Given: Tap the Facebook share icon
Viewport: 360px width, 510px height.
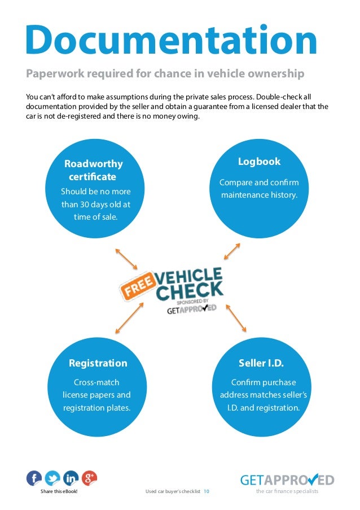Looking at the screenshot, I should pyautogui.click(x=34, y=478).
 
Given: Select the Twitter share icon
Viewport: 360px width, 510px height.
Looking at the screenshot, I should pyautogui.click(x=52, y=478).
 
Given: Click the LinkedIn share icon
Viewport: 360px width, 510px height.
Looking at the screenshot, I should pyautogui.click(x=71, y=478).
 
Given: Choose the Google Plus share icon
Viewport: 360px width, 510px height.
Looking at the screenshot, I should pyautogui.click(x=89, y=478).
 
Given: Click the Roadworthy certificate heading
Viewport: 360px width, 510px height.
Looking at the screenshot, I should pyautogui.click(x=93, y=170).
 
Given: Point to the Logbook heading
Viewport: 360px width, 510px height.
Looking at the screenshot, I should pyautogui.click(x=259, y=162).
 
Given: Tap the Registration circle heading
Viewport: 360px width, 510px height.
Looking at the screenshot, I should pyautogui.click(x=98, y=363).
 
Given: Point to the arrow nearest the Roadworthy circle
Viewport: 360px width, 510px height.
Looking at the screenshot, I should pyautogui.click(x=126, y=258).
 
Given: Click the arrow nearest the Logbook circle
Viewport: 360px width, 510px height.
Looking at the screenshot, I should pyautogui.click(x=229, y=251).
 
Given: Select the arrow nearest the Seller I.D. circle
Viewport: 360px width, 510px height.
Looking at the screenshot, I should pyautogui.click(x=236, y=317).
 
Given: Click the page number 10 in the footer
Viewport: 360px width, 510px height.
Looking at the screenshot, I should pyautogui.click(x=207, y=491).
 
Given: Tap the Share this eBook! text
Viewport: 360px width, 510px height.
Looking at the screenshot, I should pyautogui.click(x=59, y=491).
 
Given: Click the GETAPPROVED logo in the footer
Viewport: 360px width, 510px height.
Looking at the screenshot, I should pyautogui.click(x=287, y=480).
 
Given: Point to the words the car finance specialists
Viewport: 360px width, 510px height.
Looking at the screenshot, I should pyautogui.click(x=287, y=491).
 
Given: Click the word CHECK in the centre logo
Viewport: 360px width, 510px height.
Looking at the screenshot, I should pyautogui.click(x=189, y=291).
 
